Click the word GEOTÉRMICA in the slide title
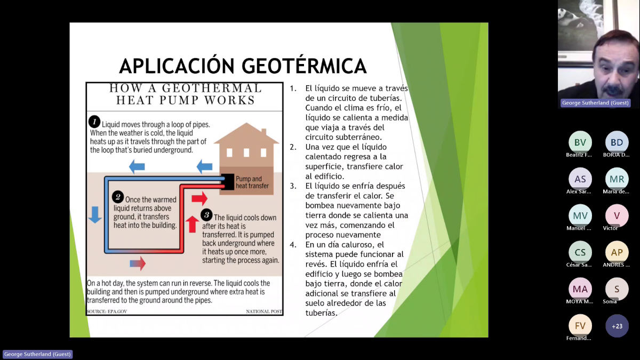304,66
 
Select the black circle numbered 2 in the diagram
118,196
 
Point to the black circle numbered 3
206,215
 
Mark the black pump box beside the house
228,181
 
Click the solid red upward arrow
192,223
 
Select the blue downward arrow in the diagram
95,214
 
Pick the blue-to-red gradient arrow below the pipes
138,262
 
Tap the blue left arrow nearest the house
204,167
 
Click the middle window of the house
246,153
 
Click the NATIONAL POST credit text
263,311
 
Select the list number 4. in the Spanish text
293,245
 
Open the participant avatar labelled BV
580,142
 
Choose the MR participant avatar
617,179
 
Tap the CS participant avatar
580,252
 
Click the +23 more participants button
617,326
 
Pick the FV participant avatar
580,326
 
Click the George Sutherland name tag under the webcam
595,103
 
